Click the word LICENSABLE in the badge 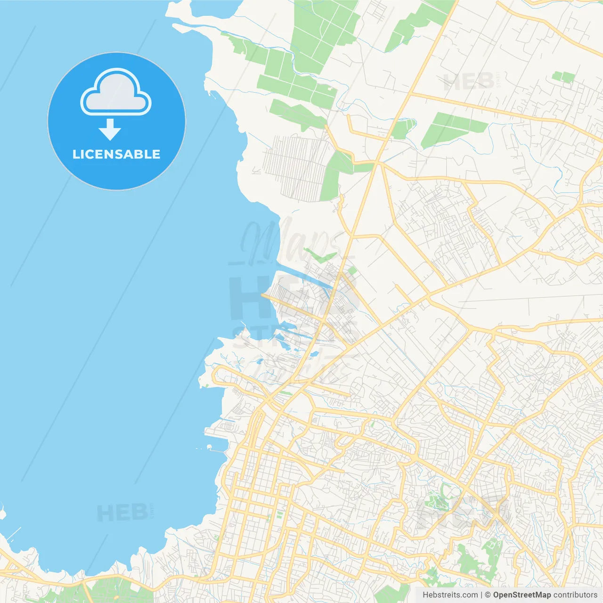pyautogui.click(x=116, y=154)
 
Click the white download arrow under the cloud pyautogui.click(x=110, y=130)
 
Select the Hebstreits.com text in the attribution pyautogui.click(x=450, y=595)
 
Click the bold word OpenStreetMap pyautogui.click(x=522, y=595)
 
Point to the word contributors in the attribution pyautogui.click(x=575, y=595)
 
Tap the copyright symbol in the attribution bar pyautogui.click(x=488, y=595)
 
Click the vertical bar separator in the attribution pyautogui.click(x=481, y=595)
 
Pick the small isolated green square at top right pyautogui.click(x=563, y=77)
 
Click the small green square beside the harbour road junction pyautogui.click(x=351, y=270)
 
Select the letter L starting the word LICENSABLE pyautogui.click(x=76, y=154)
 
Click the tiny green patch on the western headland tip pyautogui.click(x=206, y=386)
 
